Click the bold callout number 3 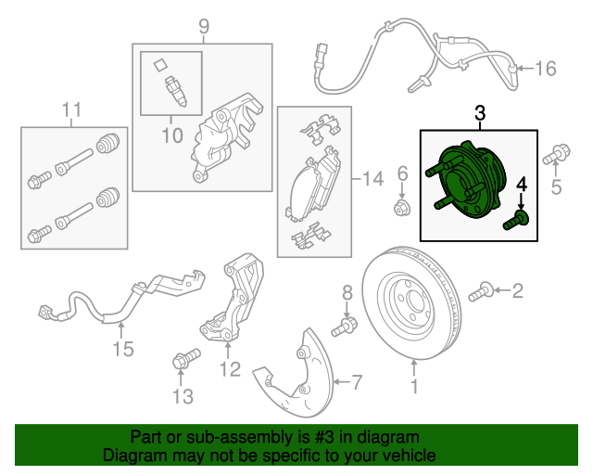(480, 113)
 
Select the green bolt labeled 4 (516, 221)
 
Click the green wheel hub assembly (466, 180)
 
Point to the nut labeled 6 (402, 209)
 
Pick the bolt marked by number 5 (556, 154)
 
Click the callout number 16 (546, 69)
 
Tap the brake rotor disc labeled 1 (411, 303)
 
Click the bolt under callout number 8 (345, 327)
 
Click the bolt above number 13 (186, 359)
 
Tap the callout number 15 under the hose (123, 349)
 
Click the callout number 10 (172, 135)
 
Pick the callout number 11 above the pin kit (71, 109)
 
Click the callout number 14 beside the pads (372, 178)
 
